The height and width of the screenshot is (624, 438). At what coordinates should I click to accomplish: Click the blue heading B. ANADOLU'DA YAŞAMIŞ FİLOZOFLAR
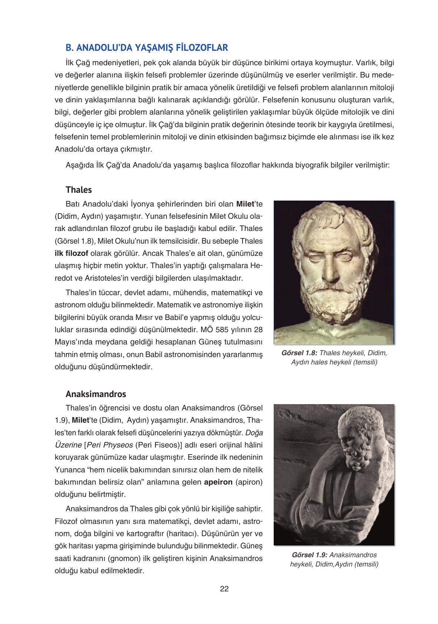tap(146, 48)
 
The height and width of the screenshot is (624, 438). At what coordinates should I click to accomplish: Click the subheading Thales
tap(79, 190)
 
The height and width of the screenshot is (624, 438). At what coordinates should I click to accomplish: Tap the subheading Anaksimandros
tap(96, 393)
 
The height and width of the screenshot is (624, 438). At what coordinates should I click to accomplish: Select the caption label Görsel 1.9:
tap(309, 555)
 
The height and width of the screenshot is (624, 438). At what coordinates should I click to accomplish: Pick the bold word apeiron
tap(218, 482)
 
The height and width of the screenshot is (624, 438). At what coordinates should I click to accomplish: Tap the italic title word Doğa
tap(254, 432)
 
